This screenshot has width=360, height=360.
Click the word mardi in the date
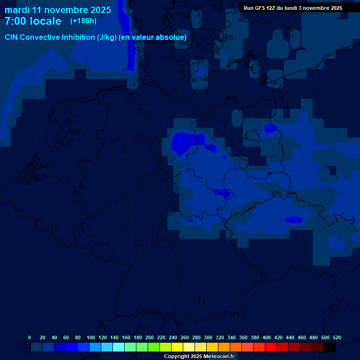[x=17, y=10]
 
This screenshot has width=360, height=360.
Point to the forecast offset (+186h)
[x=83, y=21]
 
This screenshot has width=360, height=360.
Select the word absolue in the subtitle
[x=173, y=37]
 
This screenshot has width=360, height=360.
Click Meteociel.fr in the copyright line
[x=219, y=356]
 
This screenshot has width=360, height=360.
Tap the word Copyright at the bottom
[x=177, y=356]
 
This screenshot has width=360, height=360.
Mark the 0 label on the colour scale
[x=30, y=337]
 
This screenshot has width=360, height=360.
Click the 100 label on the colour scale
[x=90, y=337]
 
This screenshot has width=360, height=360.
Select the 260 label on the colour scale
[x=184, y=337]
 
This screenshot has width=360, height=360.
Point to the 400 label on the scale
[x=267, y=337]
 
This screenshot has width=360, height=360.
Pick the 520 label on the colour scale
[x=337, y=337]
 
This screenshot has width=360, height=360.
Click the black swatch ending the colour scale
[x=330, y=347]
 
